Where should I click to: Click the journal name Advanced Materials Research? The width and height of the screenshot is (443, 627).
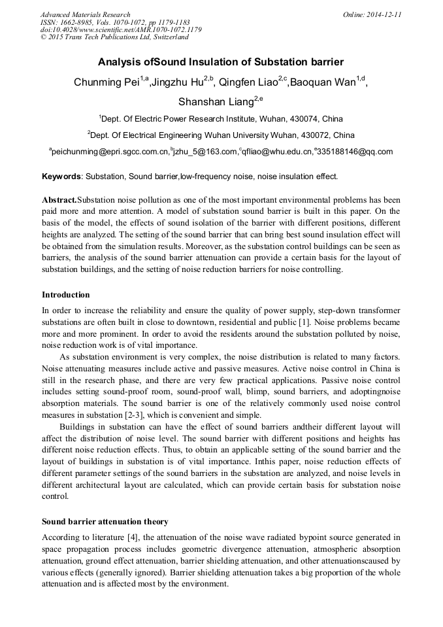click(86, 14)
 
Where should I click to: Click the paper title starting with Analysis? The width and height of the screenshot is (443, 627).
click(221, 62)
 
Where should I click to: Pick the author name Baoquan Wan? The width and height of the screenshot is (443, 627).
click(323, 83)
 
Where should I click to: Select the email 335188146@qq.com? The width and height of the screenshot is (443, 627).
click(355, 152)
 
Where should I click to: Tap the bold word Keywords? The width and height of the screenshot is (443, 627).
click(62, 177)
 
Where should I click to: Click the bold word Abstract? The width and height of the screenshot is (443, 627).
click(59, 199)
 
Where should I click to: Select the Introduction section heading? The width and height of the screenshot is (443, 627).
click(66, 295)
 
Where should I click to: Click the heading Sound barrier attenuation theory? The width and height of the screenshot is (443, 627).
click(105, 522)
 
